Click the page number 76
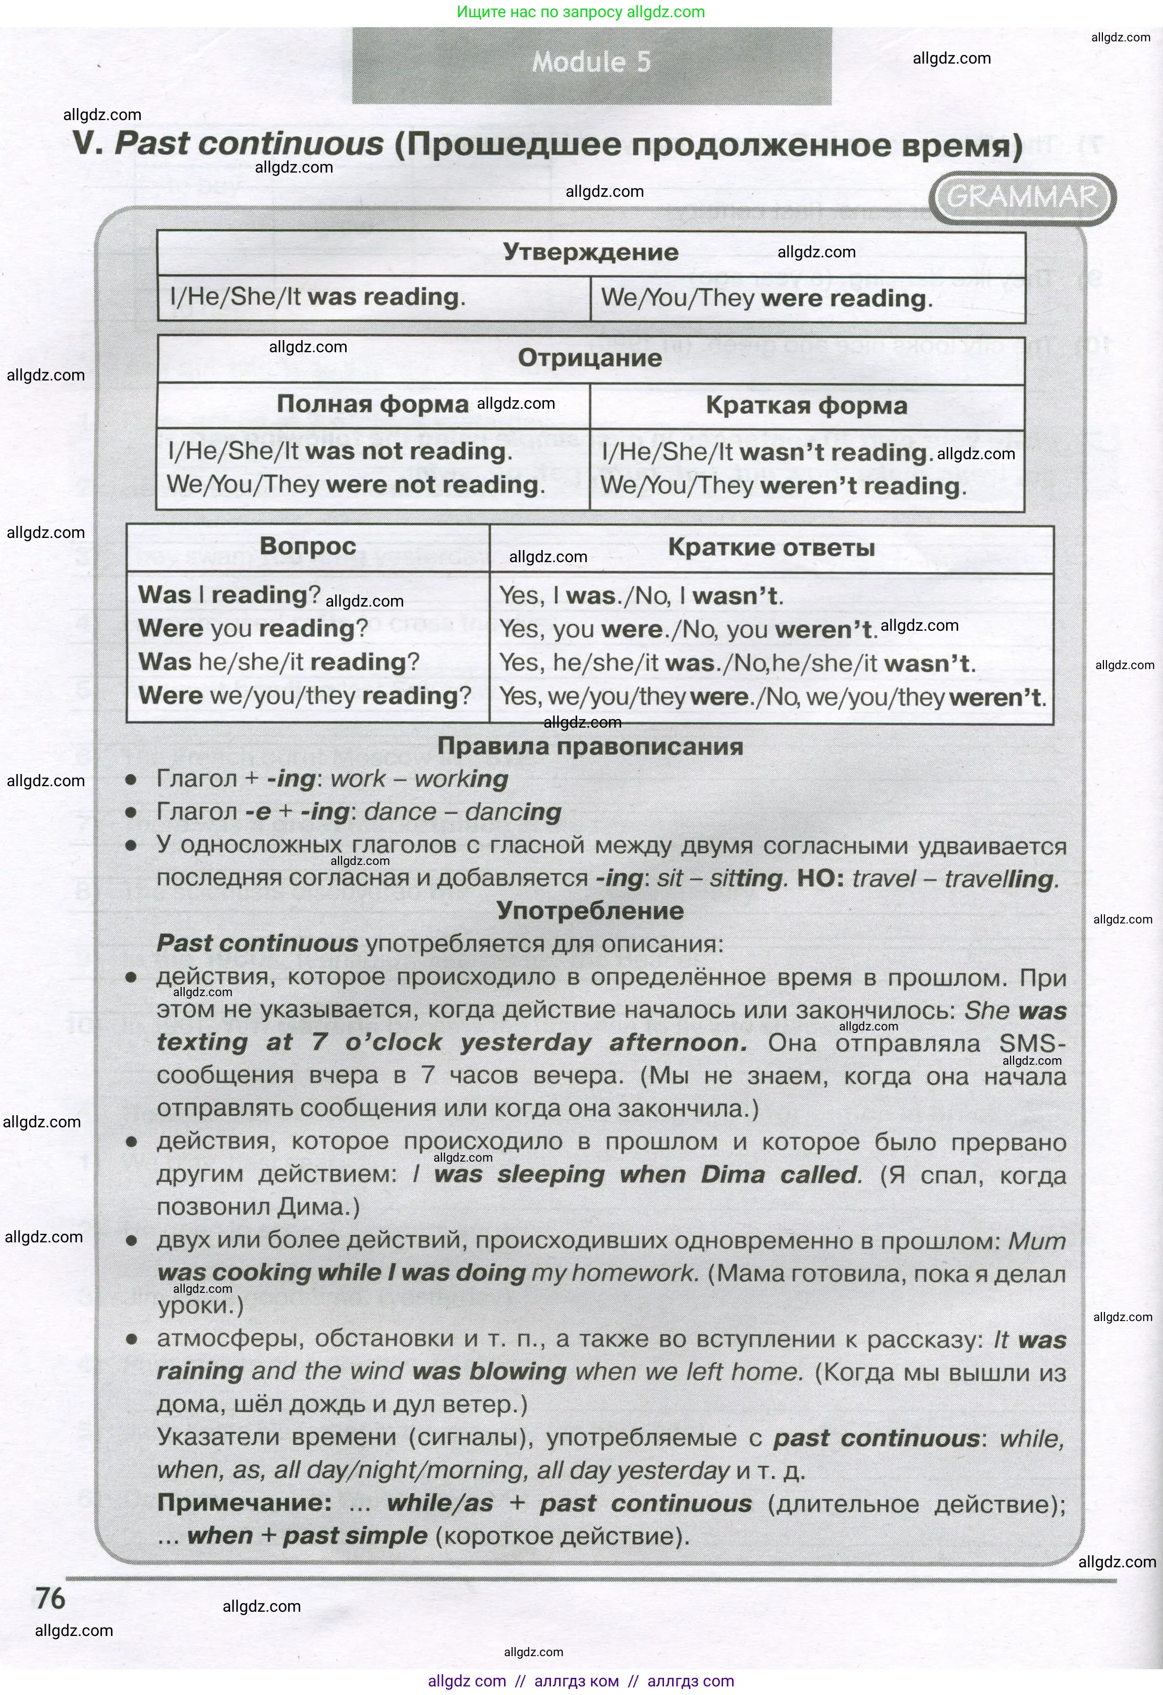(x=51, y=1598)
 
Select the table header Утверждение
(x=591, y=252)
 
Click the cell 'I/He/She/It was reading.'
(x=317, y=298)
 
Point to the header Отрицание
(x=590, y=358)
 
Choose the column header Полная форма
(x=372, y=404)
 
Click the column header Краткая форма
(x=806, y=406)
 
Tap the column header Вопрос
(x=308, y=546)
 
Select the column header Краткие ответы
(x=771, y=548)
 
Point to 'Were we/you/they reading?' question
(x=305, y=696)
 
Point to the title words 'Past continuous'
(x=249, y=144)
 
